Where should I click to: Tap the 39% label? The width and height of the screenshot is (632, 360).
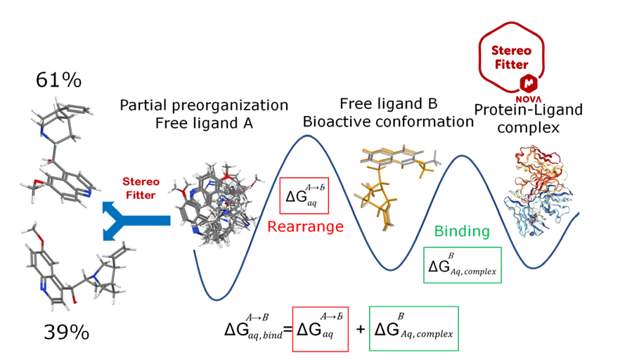pos(67,331)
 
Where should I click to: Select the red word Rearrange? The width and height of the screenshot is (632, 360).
pos(304,226)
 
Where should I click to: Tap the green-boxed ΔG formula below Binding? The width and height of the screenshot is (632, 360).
pos(462,265)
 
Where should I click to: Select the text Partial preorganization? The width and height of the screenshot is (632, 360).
pos(204,105)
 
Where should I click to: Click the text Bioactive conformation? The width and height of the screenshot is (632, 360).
pos(388,122)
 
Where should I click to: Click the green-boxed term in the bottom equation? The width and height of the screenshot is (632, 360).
pos(413,328)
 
